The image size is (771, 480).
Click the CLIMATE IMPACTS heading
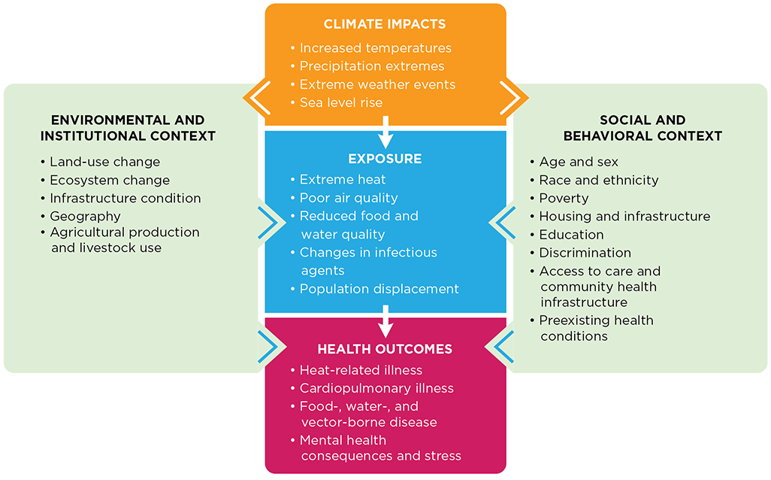(385, 25)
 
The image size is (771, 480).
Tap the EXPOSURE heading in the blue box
(385, 159)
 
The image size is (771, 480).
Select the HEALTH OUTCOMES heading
(385, 349)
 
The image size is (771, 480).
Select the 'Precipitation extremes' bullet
(371, 66)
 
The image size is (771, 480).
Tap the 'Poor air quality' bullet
(348, 198)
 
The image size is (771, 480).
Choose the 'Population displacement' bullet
(379, 289)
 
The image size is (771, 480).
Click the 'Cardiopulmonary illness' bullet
(376, 388)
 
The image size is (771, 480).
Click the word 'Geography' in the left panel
(85, 216)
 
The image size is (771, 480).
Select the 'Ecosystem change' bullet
(110, 180)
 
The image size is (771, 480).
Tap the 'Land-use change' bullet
(104, 162)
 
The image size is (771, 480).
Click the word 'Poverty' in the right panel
(564, 198)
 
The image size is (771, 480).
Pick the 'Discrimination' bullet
(585, 253)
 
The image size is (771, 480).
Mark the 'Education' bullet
(571, 235)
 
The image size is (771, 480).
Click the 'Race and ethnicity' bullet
(598, 180)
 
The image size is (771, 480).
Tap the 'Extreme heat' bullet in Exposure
(342, 180)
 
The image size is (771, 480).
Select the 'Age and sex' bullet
(579, 162)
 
